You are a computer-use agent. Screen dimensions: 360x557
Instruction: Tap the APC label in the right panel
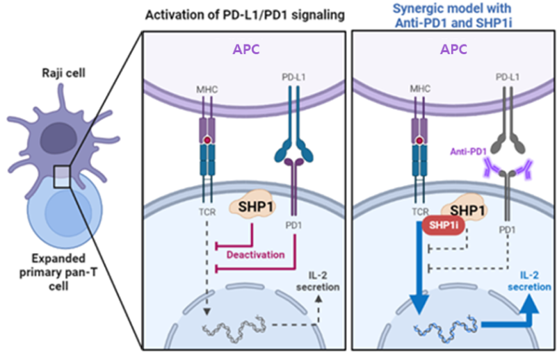453,50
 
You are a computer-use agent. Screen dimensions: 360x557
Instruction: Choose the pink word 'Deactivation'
255,254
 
